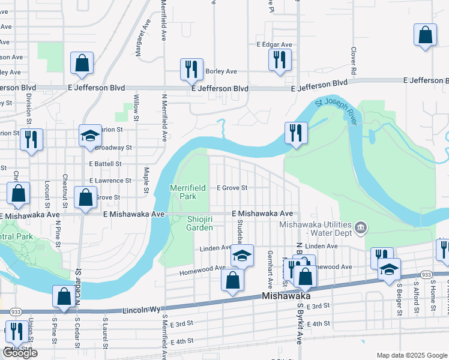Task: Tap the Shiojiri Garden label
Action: [x=199, y=223]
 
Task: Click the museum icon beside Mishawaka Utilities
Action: [x=361, y=227]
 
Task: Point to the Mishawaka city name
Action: [x=285, y=297]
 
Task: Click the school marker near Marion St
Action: [x=89, y=135]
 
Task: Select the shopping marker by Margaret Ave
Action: [x=81, y=63]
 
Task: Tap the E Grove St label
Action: [x=232, y=188]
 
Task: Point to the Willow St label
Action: [x=136, y=106]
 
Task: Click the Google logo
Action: [x=20, y=353]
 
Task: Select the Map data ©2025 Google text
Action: [x=411, y=355]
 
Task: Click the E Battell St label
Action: [x=105, y=163]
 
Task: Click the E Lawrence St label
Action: [x=110, y=180]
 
